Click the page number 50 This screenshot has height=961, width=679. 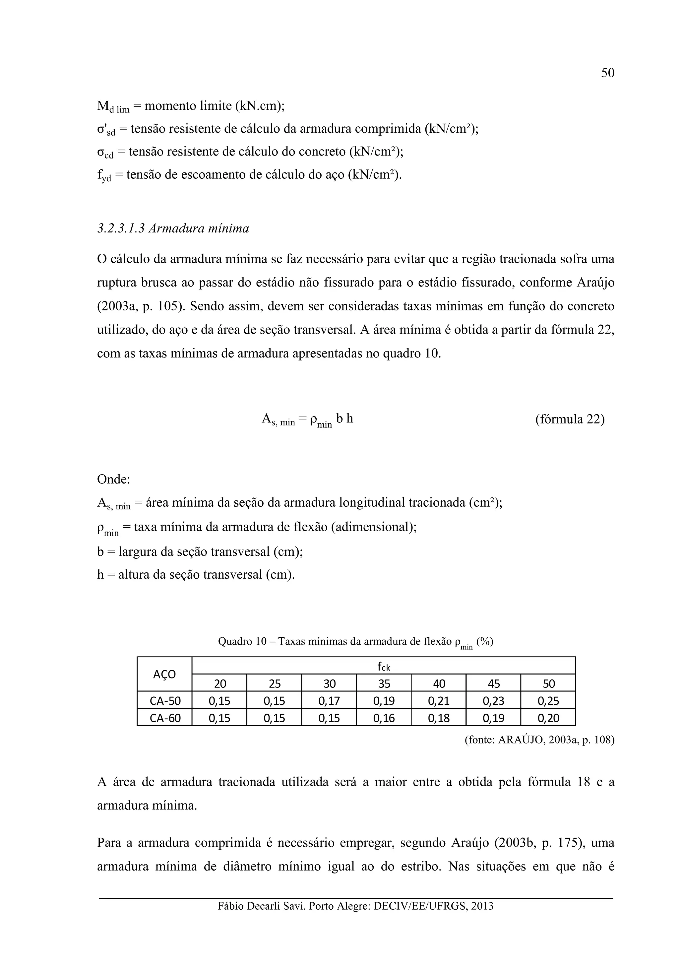click(x=607, y=73)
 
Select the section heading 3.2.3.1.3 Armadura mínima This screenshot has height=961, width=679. click(x=173, y=228)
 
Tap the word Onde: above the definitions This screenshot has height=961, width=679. click(x=113, y=479)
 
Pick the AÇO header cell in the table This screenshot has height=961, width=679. click(x=164, y=674)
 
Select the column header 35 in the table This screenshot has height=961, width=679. click(x=384, y=684)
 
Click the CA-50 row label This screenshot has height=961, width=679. click(x=165, y=701)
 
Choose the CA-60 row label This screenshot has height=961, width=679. click(x=165, y=718)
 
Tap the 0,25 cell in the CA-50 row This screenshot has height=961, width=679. click(x=548, y=701)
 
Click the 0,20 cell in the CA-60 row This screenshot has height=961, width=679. click(x=548, y=718)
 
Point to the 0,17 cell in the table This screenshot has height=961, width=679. click(x=329, y=701)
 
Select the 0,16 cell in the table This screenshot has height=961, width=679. click(x=384, y=718)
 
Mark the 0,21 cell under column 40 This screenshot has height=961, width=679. click(x=438, y=701)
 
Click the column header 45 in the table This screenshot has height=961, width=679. click(x=493, y=684)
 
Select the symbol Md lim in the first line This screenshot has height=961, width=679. click(x=113, y=107)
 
